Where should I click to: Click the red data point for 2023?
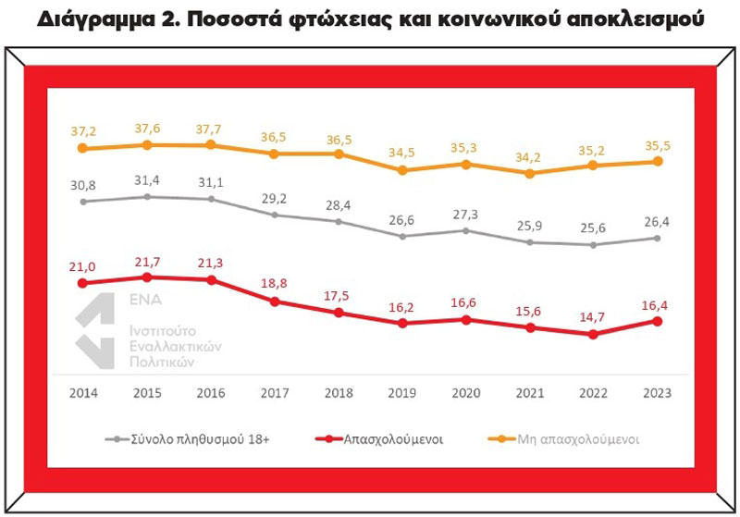(657, 321)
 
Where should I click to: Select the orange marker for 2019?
(402, 170)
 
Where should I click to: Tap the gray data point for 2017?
(275, 215)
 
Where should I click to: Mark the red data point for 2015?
(147, 277)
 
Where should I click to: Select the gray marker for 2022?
(593, 245)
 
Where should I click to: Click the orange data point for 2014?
(83, 148)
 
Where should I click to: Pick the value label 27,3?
(465, 213)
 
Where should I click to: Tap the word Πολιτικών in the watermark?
(159, 363)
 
